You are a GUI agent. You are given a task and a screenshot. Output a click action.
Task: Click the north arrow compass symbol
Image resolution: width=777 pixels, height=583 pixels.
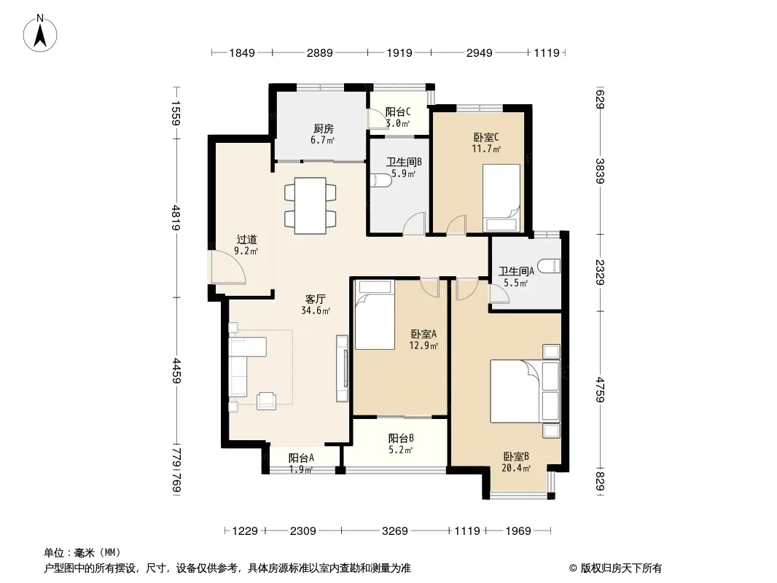point(40,34)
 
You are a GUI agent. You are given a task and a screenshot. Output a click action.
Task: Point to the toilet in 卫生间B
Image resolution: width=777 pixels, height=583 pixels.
point(381,179)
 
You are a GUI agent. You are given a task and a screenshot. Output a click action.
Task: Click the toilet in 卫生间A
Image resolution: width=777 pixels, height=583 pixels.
point(550,266)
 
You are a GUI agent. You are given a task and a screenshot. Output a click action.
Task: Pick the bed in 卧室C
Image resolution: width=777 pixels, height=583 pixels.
point(501,197)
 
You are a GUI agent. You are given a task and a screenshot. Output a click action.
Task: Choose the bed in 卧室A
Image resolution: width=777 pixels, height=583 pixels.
point(375,315)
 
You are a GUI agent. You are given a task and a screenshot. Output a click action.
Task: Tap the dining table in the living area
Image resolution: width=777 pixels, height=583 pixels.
point(311,206)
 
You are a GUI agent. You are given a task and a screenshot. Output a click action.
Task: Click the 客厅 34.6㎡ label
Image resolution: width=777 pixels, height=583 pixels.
point(315,305)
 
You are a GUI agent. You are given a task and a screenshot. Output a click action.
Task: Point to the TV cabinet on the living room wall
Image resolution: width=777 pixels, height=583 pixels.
point(342,368)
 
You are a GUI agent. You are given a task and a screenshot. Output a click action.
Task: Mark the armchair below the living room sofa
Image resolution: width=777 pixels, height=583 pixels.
point(266,400)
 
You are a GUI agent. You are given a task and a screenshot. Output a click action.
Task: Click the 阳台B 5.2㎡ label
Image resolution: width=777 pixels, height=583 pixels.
point(401,444)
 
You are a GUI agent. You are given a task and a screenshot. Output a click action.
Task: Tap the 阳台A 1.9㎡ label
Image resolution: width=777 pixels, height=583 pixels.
point(301,463)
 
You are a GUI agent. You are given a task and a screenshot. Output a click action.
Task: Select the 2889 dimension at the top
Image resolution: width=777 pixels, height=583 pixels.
point(320,52)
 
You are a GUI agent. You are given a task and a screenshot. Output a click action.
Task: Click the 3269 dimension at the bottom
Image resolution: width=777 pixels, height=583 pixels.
point(395,531)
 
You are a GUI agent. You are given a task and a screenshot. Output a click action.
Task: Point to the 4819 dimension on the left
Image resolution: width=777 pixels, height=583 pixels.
point(176,219)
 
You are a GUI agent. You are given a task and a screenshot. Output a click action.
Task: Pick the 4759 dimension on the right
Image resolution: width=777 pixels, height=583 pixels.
point(600,390)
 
